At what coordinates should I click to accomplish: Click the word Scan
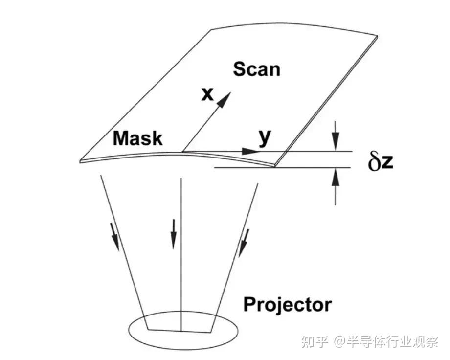(256, 69)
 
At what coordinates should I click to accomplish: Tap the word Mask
(137, 138)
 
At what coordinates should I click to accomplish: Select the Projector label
(287, 305)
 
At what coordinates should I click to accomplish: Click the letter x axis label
(208, 94)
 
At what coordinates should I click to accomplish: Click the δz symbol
(381, 162)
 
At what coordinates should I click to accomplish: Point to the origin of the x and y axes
(182, 151)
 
